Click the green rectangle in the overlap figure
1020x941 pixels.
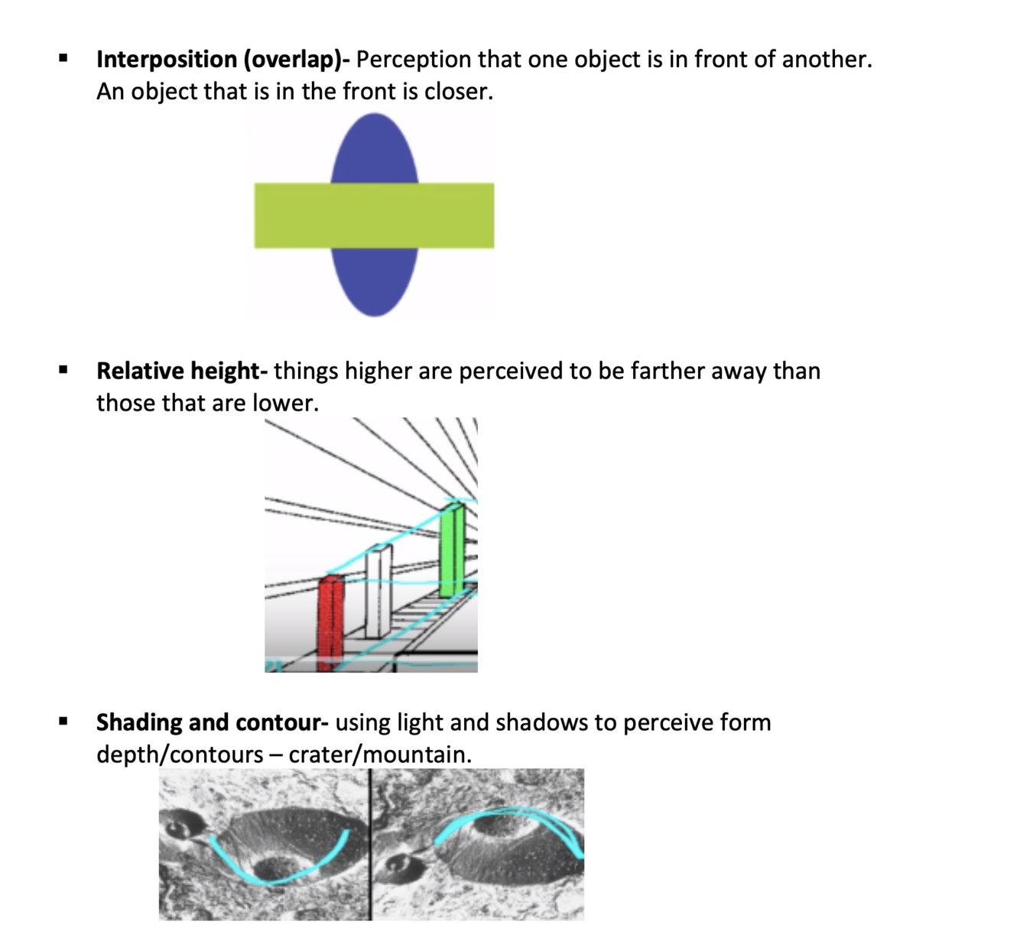coord(374,216)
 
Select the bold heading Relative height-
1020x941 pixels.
coord(182,372)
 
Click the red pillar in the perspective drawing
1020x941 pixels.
coord(330,623)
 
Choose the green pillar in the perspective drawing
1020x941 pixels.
coord(451,550)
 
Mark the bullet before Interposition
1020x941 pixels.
coord(63,58)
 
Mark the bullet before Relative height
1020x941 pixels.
coord(63,371)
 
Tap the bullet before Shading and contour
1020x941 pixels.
coord(63,721)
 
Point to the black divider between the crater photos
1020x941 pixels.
coord(371,845)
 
